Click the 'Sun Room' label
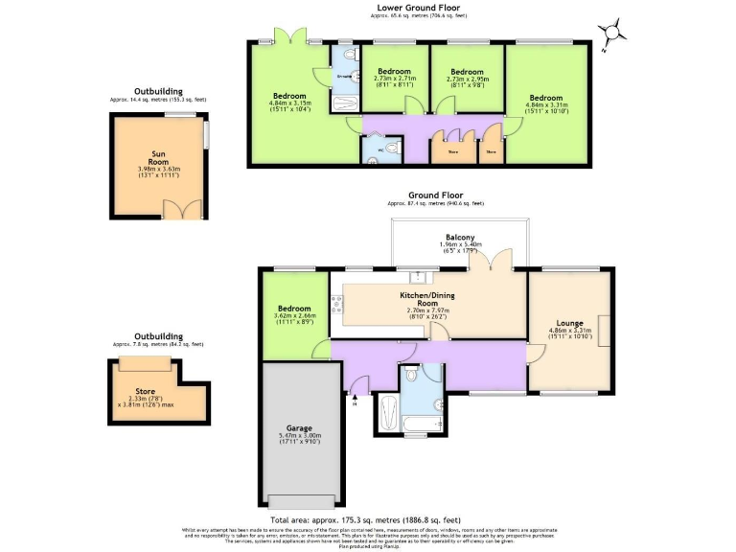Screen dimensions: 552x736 click(x=159, y=158)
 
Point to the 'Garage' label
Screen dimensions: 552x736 click(x=300, y=428)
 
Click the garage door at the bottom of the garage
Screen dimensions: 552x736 click(x=300, y=503)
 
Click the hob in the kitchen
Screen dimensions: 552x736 click(x=336, y=306)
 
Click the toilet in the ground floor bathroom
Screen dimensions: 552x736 click(x=410, y=372)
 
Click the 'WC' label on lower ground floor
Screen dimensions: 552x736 click(x=379, y=149)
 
